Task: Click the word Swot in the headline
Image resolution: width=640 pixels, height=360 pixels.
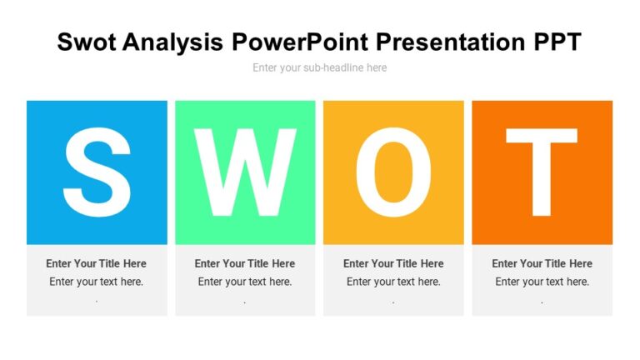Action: pos(87,42)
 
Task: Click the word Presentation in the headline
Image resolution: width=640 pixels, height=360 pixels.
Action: pos(447,42)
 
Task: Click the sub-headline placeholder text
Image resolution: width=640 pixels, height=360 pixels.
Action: pos(320,67)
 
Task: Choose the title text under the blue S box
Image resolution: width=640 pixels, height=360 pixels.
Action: pos(97,263)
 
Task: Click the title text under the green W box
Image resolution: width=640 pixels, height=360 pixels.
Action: pos(245,263)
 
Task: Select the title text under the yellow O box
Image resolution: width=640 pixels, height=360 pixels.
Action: pos(393,263)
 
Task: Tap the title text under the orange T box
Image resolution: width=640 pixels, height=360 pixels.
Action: pos(542,263)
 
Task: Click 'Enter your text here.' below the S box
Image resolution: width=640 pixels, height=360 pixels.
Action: pos(97,282)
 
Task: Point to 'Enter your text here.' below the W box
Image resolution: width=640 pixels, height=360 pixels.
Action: pos(245,282)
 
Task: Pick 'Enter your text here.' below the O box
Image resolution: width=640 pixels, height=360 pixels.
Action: pos(393,282)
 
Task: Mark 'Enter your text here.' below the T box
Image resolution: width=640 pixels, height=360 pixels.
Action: pos(542,282)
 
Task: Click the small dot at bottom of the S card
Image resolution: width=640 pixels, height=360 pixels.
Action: pos(97,301)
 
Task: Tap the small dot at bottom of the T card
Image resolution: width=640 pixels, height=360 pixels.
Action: pos(542,301)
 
